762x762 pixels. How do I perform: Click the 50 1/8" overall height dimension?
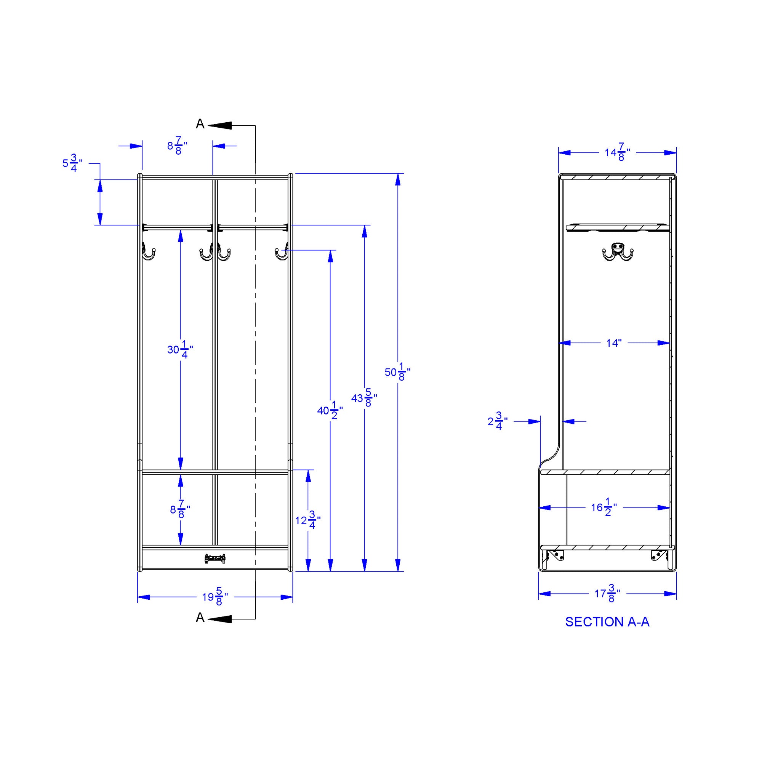pyautogui.click(x=397, y=372)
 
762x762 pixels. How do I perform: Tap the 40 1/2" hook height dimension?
pyautogui.click(x=330, y=411)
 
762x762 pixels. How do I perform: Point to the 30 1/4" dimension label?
pyautogui.click(x=180, y=349)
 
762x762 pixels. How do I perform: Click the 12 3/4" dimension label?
pyautogui.click(x=308, y=520)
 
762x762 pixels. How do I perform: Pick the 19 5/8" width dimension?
pyautogui.click(x=215, y=597)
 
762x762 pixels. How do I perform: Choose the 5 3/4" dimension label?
pyautogui.click(x=72, y=163)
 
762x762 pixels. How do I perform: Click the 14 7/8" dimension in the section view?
pyautogui.click(x=617, y=152)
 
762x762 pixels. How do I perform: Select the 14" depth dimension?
pyautogui.click(x=614, y=343)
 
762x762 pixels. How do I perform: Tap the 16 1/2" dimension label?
pyautogui.click(x=604, y=507)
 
